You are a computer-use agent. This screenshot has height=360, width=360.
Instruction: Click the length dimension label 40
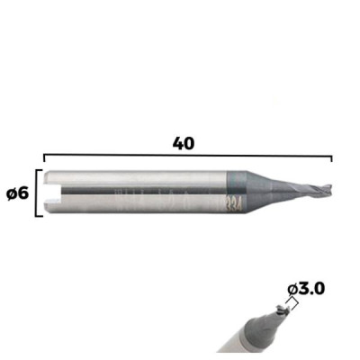point(184,144)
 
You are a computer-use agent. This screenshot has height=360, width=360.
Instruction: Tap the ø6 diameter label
point(17,194)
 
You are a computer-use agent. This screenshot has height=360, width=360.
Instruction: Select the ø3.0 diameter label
point(306,289)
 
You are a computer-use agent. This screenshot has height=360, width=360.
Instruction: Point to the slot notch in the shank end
point(52,193)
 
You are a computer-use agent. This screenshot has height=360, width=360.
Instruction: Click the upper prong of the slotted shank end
point(52,177)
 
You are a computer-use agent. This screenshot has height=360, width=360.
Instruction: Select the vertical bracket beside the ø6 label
point(37,193)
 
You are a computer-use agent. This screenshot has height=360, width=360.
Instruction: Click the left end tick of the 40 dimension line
point(44,158)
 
